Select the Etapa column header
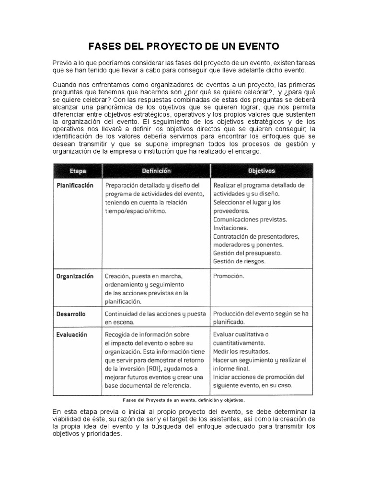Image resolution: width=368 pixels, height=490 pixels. pyautogui.click(x=78, y=170)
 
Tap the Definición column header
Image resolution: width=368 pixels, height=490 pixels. pyautogui.click(x=156, y=170)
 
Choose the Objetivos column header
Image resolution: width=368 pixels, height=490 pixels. pyautogui.click(x=261, y=170)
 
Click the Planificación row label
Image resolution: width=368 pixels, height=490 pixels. pyautogui.click(x=75, y=185)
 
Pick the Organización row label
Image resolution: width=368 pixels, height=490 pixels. pyautogui.click(x=75, y=276)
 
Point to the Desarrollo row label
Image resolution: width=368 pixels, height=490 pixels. pyautogui.click(x=71, y=314)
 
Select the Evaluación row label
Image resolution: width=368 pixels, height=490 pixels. pyautogui.click(x=72, y=334)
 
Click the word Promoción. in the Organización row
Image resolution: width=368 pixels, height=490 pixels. pyautogui.click(x=229, y=276)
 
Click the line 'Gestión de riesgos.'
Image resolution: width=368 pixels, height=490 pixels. pyautogui.click(x=239, y=261)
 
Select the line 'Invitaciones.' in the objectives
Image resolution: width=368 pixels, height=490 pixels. pyautogui.click(x=230, y=228)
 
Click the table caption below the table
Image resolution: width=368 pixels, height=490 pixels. pyautogui.click(x=184, y=400)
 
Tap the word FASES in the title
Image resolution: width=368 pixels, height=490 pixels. pyautogui.click(x=103, y=46)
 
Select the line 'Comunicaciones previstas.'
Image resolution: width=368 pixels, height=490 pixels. pyautogui.click(x=250, y=219)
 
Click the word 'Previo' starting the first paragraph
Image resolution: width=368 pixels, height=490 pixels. pyautogui.click(x=61, y=63)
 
